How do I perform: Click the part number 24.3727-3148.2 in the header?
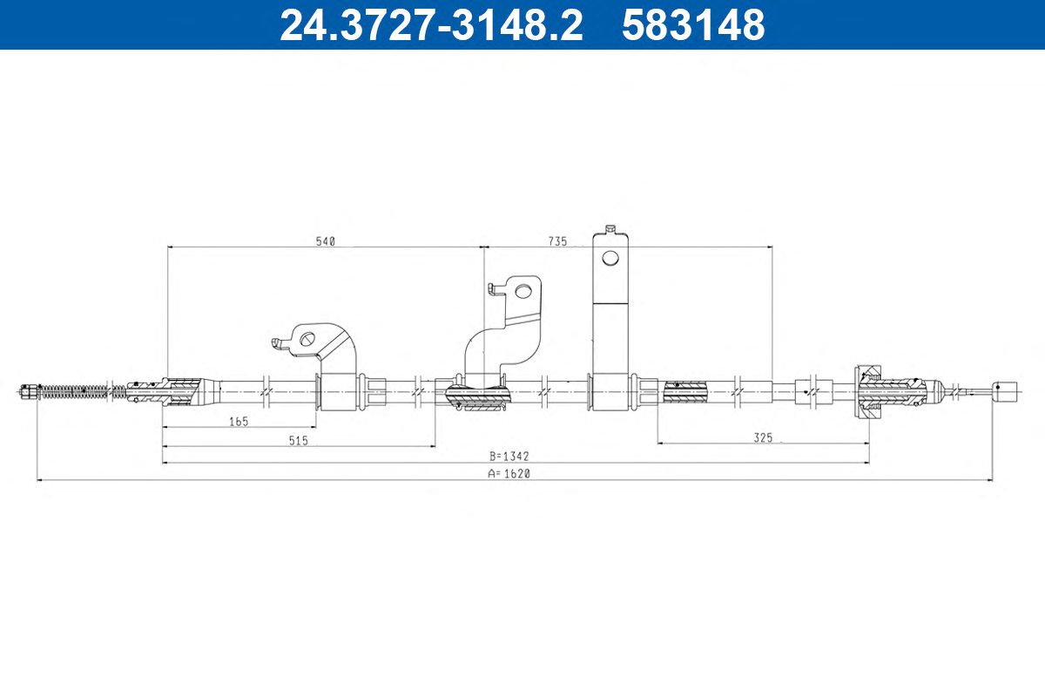click(x=431, y=24)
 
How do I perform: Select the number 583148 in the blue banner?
click(x=693, y=24)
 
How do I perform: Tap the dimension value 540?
click(x=326, y=241)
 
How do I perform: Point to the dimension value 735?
click(x=557, y=241)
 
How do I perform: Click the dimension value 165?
click(x=239, y=422)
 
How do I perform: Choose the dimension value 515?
click(x=299, y=441)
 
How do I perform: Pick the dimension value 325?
click(x=763, y=437)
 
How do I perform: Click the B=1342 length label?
click(x=509, y=457)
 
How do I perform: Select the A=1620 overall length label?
click(x=509, y=473)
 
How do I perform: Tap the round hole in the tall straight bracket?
click(x=610, y=258)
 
